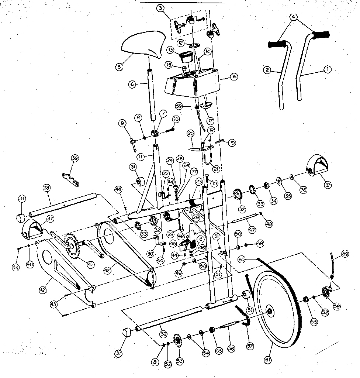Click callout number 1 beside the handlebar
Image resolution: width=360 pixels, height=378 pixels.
327,69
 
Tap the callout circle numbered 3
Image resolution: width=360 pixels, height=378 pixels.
160,8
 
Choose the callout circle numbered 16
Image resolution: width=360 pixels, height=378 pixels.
233,77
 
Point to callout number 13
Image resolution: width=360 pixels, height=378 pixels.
170,49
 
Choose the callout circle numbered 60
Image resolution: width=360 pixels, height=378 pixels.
242,260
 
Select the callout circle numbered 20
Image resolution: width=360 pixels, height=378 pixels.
190,133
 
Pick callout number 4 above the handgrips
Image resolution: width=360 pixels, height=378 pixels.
293,16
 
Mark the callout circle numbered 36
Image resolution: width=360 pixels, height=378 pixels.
303,190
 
